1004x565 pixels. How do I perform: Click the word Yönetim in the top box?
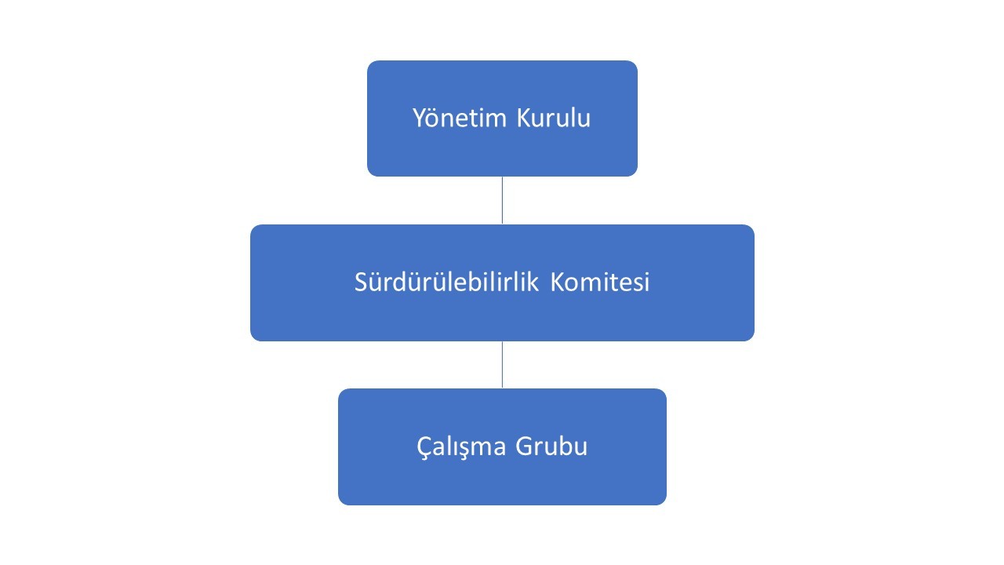click(460, 118)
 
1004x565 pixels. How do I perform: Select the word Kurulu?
click(554, 118)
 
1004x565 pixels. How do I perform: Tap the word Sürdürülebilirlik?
click(446, 282)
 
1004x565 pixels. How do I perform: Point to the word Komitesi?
click(600, 282)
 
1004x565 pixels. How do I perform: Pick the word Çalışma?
click(461, 447)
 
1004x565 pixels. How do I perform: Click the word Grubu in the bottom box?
click(551, 447)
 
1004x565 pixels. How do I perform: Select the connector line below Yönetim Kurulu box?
click(502, 200)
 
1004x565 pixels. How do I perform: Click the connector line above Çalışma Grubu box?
click(502, 365)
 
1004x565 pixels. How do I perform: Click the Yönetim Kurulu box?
click(502, 118)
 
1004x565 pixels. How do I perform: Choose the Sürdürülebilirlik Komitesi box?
click(502, 282)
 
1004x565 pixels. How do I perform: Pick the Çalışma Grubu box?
click(502, 447)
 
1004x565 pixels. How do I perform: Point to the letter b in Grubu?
click(563, 447)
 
